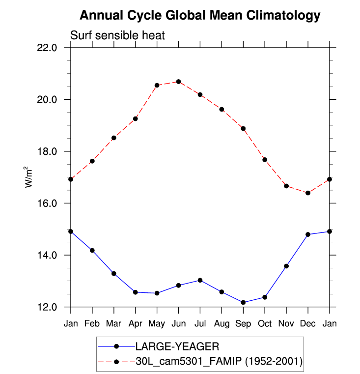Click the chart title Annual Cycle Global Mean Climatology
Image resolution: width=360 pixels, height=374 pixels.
coord(200,16)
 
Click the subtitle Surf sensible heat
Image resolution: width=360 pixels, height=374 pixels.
coord(117,35)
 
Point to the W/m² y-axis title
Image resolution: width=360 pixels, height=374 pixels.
coord(29,177)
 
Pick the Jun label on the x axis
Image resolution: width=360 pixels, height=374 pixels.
coord(178,323)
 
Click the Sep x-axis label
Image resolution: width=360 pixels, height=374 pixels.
coord(243,323)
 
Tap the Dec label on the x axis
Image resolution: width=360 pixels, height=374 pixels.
coord(308,323)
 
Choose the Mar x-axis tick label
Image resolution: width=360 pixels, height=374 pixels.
coord(114,323)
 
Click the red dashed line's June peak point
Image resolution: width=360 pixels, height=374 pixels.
coord(179,82)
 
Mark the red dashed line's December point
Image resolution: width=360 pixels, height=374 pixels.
coord(308,193)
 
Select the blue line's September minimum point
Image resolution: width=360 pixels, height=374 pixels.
coord(243,302)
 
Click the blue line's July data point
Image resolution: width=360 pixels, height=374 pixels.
coord(200,280)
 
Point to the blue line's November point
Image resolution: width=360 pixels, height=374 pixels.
coord(286,266)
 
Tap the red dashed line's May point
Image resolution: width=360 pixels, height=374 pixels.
coord(157,85)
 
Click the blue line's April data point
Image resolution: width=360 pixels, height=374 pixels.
coord(136,292)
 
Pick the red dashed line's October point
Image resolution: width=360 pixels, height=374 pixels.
coord(265,160)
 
